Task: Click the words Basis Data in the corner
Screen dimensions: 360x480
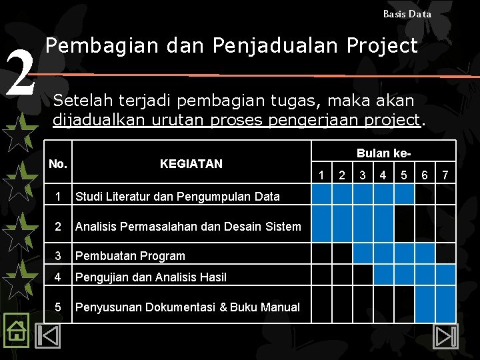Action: click(407, 13)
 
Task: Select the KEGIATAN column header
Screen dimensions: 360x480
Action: click(191, 163)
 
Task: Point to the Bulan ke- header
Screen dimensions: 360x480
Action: click(383, 153)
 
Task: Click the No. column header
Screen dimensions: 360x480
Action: click(59, 163)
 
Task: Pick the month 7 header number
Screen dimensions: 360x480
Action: click(445, 175)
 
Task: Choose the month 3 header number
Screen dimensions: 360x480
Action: click(363, 175)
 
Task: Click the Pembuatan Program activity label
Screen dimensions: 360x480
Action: click(130, 255)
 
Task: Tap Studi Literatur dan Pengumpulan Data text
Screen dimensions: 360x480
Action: click(177, 196)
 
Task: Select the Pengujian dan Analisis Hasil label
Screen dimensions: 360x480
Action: click(151, 277)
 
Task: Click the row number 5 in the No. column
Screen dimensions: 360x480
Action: click(59, 307)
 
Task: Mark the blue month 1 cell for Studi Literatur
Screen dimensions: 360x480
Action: click(322, 194)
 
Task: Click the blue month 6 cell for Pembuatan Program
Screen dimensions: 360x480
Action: click(424, 253)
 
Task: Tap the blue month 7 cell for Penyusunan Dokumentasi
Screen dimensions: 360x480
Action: click(445, 307)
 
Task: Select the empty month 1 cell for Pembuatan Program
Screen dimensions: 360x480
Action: click(322, 253)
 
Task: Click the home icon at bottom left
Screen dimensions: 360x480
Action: click(16, 330)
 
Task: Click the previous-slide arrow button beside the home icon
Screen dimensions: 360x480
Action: click(48, 334)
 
